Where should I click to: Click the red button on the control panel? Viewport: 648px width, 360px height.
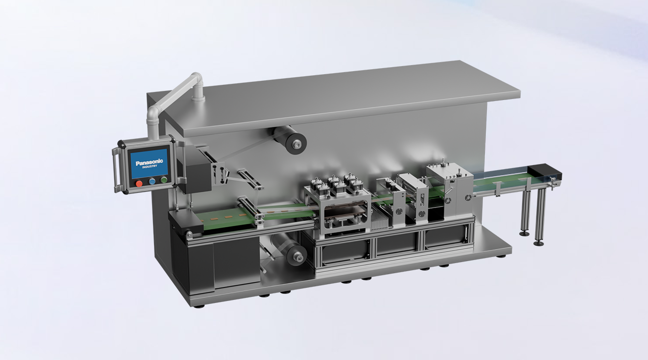tap(139, 183)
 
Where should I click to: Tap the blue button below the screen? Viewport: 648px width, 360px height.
tap(152, 181)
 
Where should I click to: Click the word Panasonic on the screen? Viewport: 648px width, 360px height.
tap(149, 162)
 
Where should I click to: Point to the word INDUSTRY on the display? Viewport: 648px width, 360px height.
tap(150, 167)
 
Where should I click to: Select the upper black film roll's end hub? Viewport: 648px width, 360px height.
tap(296, 144)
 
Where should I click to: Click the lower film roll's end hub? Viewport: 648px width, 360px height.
tap(297, 256)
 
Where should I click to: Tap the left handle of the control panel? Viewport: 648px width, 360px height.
tap(116, 170)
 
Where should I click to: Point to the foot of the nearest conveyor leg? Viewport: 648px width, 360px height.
tap(538, 243)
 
